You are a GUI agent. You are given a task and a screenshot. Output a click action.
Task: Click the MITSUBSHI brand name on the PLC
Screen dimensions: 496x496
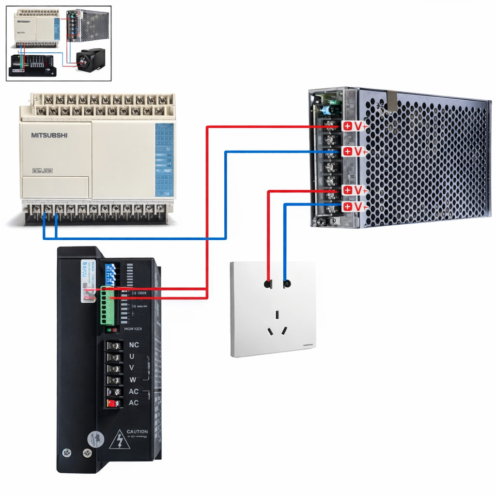click(x=49, y=135)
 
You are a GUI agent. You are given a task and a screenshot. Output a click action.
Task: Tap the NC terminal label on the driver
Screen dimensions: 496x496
click(x=134, y=345)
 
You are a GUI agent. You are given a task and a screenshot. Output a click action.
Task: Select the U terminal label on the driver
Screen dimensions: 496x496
click(x=132, y=356)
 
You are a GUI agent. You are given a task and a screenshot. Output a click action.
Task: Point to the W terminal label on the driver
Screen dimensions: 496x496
click(x=132, y=379)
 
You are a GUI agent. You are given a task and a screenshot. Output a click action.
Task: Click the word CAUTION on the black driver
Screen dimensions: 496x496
click(x=137, y=432)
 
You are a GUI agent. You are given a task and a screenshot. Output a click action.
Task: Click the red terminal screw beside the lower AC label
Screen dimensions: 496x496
click(x=112, y=403)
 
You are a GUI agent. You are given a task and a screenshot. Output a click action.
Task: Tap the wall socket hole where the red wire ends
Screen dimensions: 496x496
click(x=268, y=283)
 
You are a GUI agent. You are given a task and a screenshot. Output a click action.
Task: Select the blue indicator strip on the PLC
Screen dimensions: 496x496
click(x=164, y=159)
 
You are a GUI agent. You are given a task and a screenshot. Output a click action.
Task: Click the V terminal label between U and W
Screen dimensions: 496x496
click(x=132, y=368)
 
